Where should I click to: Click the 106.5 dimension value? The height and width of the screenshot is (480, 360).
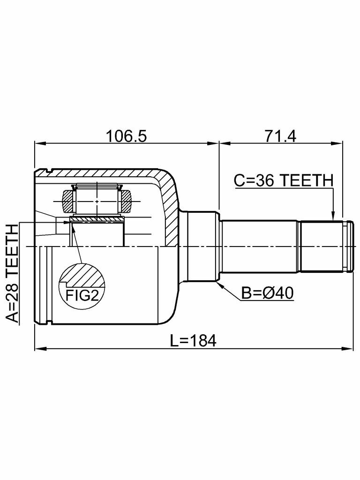pos(126,136)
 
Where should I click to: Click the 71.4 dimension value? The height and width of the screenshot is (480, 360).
pos(280,136)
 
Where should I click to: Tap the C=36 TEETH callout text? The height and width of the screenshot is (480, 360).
pos(283,180)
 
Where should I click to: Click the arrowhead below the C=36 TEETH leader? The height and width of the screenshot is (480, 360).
pos(333,216)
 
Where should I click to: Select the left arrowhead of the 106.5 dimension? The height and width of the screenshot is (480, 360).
pos(39,142)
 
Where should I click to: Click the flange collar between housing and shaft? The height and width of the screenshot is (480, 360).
pos(202,246)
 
